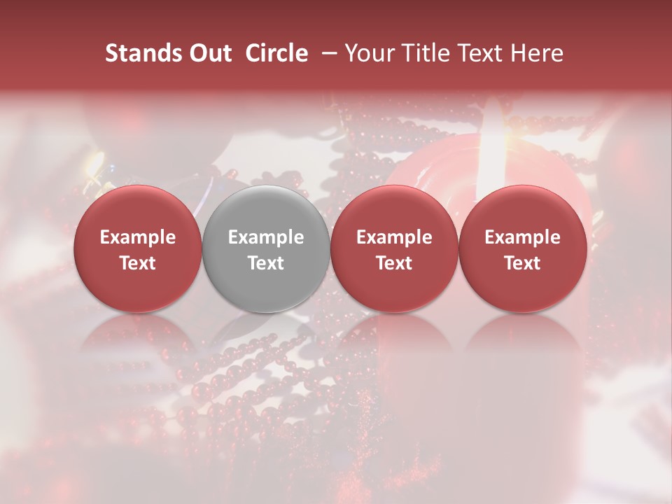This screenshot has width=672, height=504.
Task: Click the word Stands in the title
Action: pyautogui.click(x=143, y=53)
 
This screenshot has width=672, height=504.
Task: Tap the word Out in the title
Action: pyautogui.click(x=209, y=53)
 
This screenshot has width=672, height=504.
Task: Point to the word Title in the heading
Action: pyautogui.click(x=427, y=53)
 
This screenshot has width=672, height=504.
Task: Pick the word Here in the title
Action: pyautogui.click(x=537, y=53)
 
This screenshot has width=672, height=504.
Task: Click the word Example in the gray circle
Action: pyautogui.click(x=266, y=237)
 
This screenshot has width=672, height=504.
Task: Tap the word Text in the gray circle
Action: pyautogui.click(x=266, y=263)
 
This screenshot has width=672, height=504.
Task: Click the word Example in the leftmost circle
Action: pyautogui.click(x=138, y=237)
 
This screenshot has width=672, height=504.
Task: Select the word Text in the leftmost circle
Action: pyautogui.click(x=138, y=263)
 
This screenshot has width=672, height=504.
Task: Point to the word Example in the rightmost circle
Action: pyautogui.click(x=522, y=237)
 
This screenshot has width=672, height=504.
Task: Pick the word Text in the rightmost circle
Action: pyautogui.click(x=522, y=263)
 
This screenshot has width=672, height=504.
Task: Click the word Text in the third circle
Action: pyautogui.click(x=394, y=263)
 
